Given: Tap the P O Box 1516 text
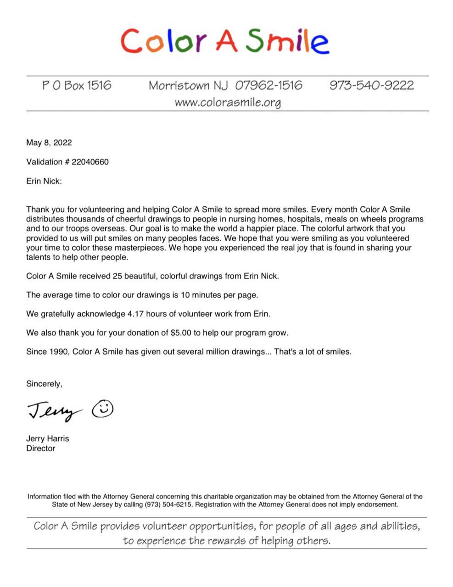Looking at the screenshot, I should coord(77,85).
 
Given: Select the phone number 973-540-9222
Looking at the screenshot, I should coord(371,85).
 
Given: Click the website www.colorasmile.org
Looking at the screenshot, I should coord(227,102).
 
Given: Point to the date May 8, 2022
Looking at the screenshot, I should coord(49,143).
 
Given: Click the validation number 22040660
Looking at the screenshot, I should coord(90,162).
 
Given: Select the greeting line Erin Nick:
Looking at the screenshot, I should coord(44,181).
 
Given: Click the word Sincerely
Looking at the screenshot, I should coord(44,384).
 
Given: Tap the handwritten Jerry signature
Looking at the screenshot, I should coord(54,411).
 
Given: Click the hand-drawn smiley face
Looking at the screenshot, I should coord(103,408).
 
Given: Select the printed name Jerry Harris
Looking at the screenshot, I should coord(47,438).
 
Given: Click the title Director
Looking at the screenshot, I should coord(40,449).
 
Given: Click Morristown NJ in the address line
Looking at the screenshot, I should coord(188,85).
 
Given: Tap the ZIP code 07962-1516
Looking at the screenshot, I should coord(269,85).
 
